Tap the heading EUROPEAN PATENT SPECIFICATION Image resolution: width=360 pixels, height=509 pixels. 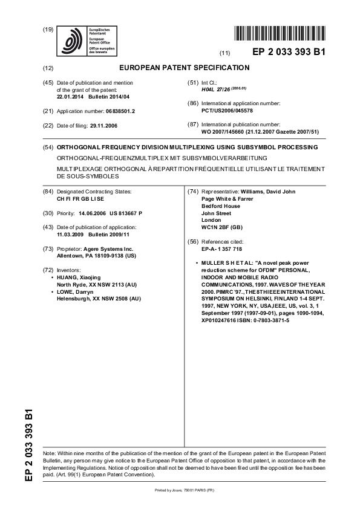coord(185,68)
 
